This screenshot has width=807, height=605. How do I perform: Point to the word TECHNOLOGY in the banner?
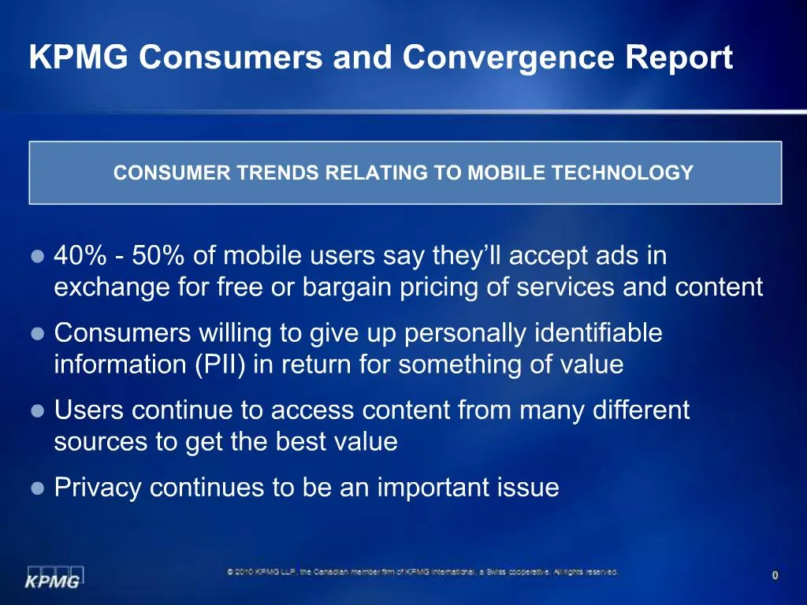coord(623,173)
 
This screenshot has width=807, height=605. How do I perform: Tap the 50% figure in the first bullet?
coord(160,256)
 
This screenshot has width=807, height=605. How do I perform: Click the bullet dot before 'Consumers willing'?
coord(37,334)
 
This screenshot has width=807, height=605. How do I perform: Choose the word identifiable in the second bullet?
coord(598,334)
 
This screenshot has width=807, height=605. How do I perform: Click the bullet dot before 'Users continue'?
coord(37,411)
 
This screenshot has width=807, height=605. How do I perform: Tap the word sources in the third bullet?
coord(102,442)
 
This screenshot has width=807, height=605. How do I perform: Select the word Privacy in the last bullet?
coord(99,488)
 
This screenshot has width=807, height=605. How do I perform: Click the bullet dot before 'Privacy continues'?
coord(37,488)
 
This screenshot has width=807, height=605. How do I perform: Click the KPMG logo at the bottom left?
coord(54,577)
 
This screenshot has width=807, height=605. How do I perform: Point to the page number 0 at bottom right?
coord(775,576)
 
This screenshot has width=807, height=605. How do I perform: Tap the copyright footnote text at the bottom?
coord(422,572)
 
